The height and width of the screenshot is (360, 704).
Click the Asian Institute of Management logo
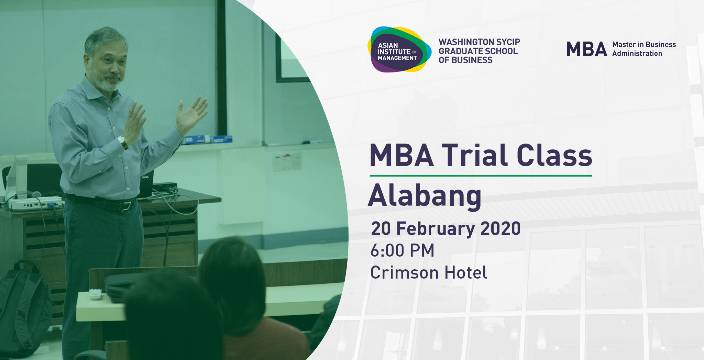click(x=399, y=50)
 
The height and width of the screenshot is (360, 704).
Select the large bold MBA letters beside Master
click(x=587, y=49)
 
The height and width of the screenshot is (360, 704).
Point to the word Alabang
click(x=425, y=195)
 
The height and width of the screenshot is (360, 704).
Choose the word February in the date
click(x=436, y=229)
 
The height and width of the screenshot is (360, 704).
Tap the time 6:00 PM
click(x=403, y=250)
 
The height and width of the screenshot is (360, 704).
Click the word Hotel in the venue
click(x=466, y=272)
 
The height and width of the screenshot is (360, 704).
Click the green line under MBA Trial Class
click(x=481, y=176)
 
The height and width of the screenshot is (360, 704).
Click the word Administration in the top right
click(x=637, y=54)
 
